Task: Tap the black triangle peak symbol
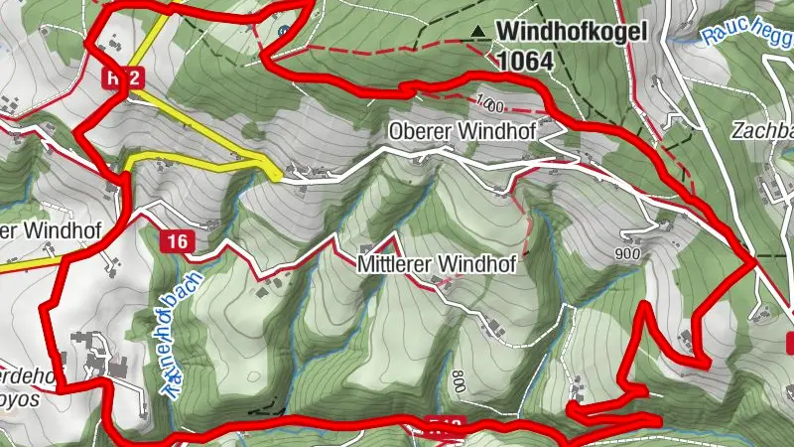480,32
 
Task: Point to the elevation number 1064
525,61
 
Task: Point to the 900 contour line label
627,253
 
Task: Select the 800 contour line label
458,379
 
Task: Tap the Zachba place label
760,131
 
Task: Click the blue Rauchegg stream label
744,30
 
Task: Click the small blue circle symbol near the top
285,32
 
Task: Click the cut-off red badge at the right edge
789,344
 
